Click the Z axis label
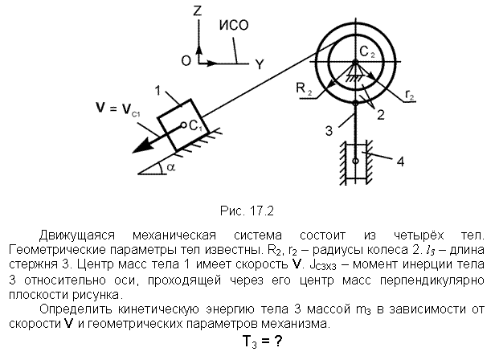(198, 11)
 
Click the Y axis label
(260, 64)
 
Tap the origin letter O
(186, 60)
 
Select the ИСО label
(234, 25)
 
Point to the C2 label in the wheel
(367, 51)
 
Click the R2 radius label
(304, 88)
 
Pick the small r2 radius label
(410, 95)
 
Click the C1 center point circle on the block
(183, 125)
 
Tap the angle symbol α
(170, 167)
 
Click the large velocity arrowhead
(142, 145)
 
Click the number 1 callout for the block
(157, 91)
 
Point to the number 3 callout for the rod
(329, 130)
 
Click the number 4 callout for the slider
(400, 162)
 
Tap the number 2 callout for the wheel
(381, 115)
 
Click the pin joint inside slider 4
(355, 161)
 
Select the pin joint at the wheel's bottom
(355, 103)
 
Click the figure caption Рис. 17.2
(247, 211)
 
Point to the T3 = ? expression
(262, 342)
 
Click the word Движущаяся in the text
(76, 235)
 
